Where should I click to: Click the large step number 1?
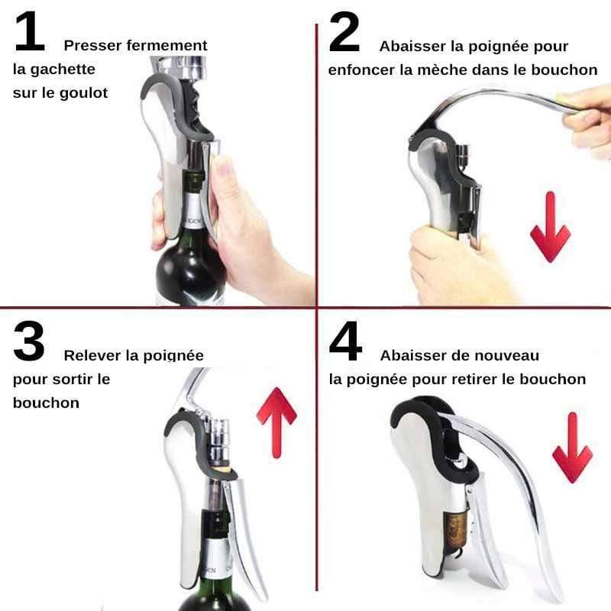[x=30, y=31]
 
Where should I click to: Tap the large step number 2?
[x=344, y=31]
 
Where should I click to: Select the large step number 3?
[x=29, y=341]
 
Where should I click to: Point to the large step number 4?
[x=345, y=341]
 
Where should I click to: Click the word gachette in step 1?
[x=63, y=70]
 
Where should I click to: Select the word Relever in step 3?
[x=92, y=355]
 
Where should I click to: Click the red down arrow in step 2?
[x=550, y=227]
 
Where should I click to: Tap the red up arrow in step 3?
[x=276, y=422]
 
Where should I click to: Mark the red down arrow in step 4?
[x=572, y=448]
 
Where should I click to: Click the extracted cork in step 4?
[x=455, y=531]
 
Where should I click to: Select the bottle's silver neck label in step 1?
[x=192, y=211]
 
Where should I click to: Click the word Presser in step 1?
[x=93, y=46]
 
